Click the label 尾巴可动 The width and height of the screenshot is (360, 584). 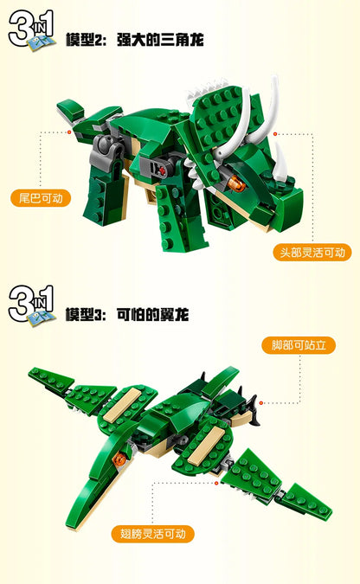pyautogui.click(x=41, y=198)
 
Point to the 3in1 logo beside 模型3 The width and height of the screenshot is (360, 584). pyautogui.click(x=31, y=304)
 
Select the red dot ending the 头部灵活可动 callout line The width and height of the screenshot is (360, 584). pyautogui.click(x=275, y=134)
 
